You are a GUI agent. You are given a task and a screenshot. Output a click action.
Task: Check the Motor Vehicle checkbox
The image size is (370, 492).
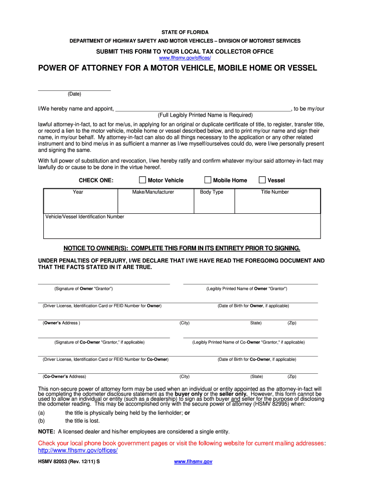(x=142, y=180)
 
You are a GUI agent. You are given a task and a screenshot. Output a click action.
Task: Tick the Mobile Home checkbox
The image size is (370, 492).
(x=208, y=180)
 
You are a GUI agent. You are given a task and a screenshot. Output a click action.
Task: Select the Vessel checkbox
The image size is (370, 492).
(x=262, y=180)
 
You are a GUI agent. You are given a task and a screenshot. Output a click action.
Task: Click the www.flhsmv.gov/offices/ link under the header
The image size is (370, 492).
(x=185, y=58)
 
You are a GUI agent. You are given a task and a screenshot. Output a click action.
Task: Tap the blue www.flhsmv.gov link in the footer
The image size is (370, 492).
(x=193, y=462)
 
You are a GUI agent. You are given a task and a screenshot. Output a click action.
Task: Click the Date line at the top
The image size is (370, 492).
(x=74, y=90)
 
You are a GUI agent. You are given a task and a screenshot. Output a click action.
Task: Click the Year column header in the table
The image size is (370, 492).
(x=78, y=192)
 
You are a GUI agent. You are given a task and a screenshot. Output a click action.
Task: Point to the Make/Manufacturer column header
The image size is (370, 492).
(x=153, y=192)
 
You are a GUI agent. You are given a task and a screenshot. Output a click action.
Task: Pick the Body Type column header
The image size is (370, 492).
(x=212, y=192)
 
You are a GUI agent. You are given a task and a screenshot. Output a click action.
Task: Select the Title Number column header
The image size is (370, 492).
(x=275, y=192)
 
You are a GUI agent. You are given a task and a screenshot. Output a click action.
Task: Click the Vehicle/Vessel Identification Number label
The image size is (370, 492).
(x=85, y=217)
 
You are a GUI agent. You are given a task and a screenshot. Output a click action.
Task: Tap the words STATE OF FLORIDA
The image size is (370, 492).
(x=185, y=32)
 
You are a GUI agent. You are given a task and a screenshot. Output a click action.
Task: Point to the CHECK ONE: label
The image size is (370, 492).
(x=96, y=181)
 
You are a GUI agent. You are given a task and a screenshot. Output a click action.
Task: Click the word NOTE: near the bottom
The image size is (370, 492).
(x=46, y=431)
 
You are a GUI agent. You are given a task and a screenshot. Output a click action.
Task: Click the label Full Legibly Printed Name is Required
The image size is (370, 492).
(x=205, y=115)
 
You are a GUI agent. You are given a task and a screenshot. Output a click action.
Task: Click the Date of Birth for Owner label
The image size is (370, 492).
(x=253, y=306)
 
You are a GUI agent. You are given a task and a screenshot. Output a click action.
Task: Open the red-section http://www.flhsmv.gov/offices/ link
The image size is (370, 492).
(x=78, y=451)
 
